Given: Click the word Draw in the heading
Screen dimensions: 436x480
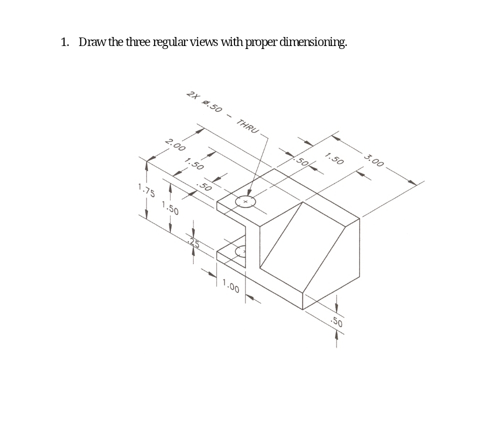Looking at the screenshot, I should [x=92, y=42].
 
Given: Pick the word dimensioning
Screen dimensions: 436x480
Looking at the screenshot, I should [x=313, y=42].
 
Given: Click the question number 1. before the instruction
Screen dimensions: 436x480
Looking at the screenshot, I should [x=65, y=42].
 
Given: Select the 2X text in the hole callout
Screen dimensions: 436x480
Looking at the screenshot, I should [x=192, y=95].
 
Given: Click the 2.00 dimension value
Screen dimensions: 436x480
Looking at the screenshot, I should [x=175, y=146].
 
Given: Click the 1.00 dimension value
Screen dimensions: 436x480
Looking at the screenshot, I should [x=231, y=287].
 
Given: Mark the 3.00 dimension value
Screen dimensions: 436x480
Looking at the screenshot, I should [x=374, y=161].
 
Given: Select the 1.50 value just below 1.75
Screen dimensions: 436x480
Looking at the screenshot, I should [x=170, y=207].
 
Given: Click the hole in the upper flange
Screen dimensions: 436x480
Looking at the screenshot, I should [x=245, y=201].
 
